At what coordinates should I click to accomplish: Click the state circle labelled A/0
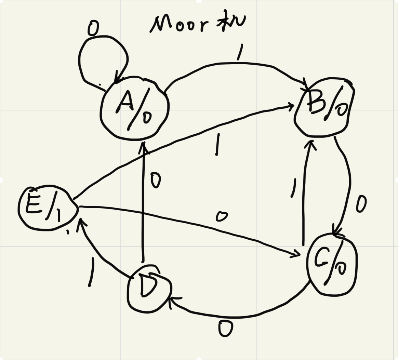point(135,109)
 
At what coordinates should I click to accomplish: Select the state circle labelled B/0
point(324,107)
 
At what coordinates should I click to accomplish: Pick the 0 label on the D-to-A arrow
point(155,181)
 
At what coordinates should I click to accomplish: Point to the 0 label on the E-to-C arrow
point(222,216)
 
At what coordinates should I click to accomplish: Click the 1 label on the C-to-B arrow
point(293,188)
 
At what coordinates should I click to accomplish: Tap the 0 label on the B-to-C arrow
point(361,204)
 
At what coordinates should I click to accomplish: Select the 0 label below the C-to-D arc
point(226,329)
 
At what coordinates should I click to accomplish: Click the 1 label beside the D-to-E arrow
point(91,272)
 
